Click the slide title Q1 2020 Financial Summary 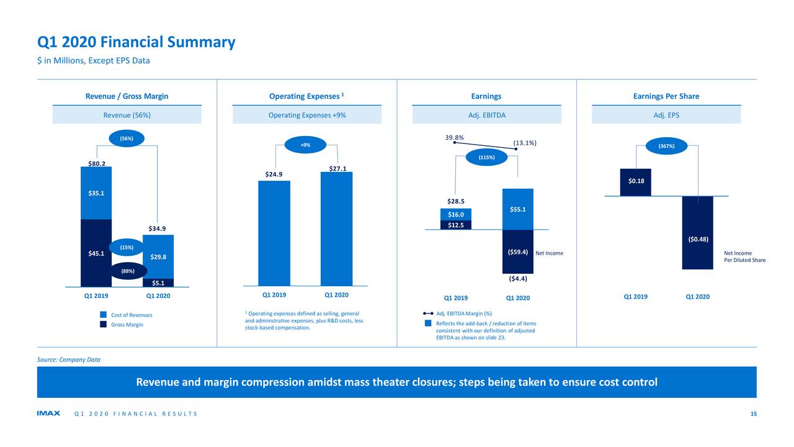click(136, 42)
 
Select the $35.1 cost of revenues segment click(96, 193)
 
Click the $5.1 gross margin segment click(158, 283)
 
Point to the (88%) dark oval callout click(127, 271)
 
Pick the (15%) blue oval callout click(127, 248)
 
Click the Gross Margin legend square click(104, 325)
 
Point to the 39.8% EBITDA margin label click(454, 138)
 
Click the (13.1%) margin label click(525, 143)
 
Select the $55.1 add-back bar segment click(518, 209)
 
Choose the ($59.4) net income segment click(517, 252)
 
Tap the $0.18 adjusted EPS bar click(636, 181)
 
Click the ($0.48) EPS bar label click(698, 239)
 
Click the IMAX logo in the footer click(48, 414)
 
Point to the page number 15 click(753, 414)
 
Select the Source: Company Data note click(68, 359)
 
